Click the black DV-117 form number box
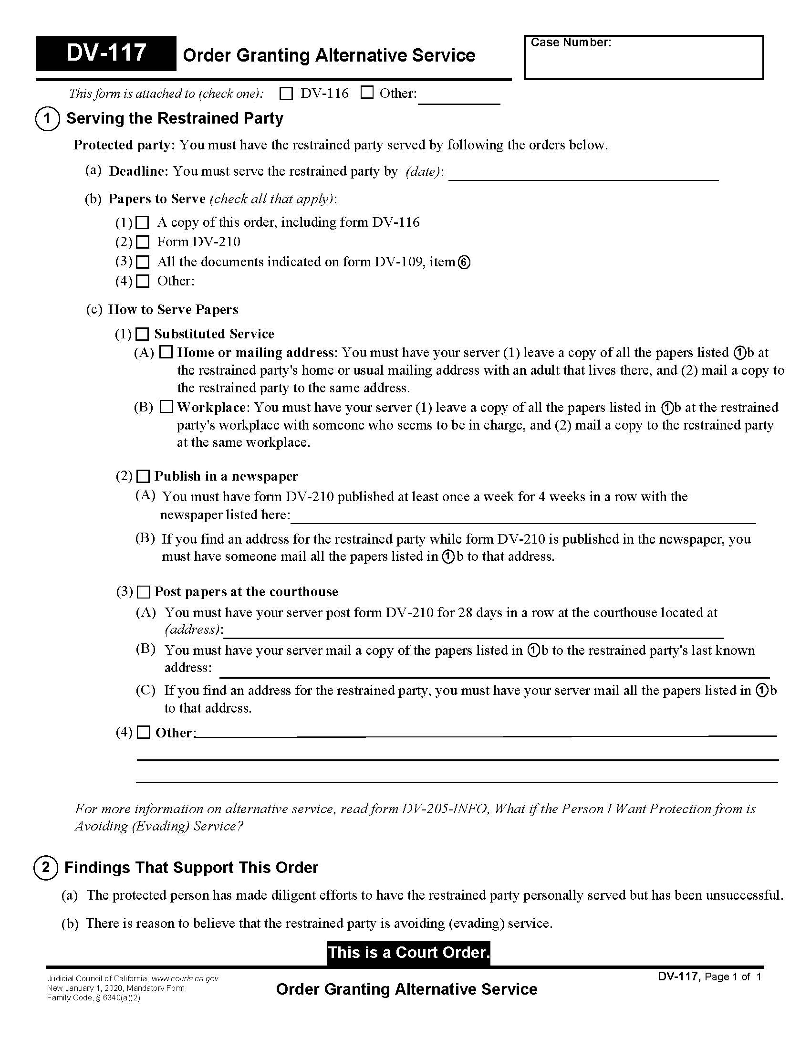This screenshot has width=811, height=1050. [106, 53]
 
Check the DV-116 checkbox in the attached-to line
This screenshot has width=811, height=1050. [286, 94]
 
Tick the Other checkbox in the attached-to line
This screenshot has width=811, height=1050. [366, 93]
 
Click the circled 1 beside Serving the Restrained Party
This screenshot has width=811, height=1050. [47, 119]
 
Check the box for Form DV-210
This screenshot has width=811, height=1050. [143, 242]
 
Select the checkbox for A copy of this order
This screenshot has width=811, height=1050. [143, 223]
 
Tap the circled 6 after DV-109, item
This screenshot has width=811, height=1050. [464, 262]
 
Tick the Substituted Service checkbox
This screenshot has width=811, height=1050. [143, 334]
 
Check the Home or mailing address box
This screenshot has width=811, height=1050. [166, 352]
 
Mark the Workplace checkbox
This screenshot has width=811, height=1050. [166, 407]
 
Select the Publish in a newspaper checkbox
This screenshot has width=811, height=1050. [143, 476]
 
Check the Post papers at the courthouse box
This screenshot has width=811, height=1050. [143, 592]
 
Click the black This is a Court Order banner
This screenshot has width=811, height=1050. [408, 953]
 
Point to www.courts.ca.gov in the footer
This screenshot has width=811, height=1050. [185, 978]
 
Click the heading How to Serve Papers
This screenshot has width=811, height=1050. [173, 310]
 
